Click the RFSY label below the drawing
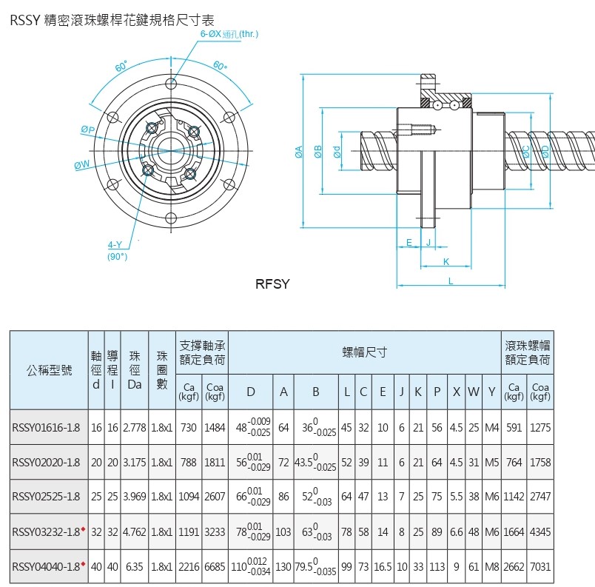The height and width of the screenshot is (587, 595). (x=272, y=284)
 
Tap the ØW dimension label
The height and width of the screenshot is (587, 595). (x=81, y=164)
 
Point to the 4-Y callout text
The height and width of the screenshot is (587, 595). (x=115, y=245)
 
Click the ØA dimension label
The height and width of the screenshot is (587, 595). (x=299, y=152)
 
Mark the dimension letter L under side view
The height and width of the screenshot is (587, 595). (x=451, y=281)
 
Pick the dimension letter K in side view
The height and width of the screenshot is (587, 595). (x=446, y=261)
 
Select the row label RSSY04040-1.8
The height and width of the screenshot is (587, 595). (x=46, y=567)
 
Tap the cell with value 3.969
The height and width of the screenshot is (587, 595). (x=134, y=497)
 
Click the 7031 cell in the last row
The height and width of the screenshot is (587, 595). (x=541, y=567)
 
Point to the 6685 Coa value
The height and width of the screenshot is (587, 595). (x=215, y=567)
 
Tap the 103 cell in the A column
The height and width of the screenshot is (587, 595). (x=283, y=532)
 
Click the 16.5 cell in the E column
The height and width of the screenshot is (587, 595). (x=383, y=567)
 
